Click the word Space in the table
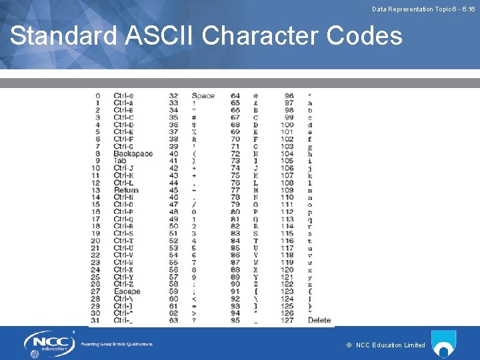(x=203, y=96)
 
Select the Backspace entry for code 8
(x=133, y=154)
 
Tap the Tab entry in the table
(x=120, y=161)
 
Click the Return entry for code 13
(x=126, y=190)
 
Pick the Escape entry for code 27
(x=127, y=291)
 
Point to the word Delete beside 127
(x=319, y=320)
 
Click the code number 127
(x=287, y=320)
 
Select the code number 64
(x=235, y=96)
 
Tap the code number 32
(x=173, y=96)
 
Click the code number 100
(x=287, y=125)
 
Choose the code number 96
(x=289, y=96)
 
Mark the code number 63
(x=173, y=320)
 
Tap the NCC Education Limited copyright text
(x=386, y=345)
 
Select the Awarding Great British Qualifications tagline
(x=117, y=344)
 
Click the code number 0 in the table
(x=98, y=96)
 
